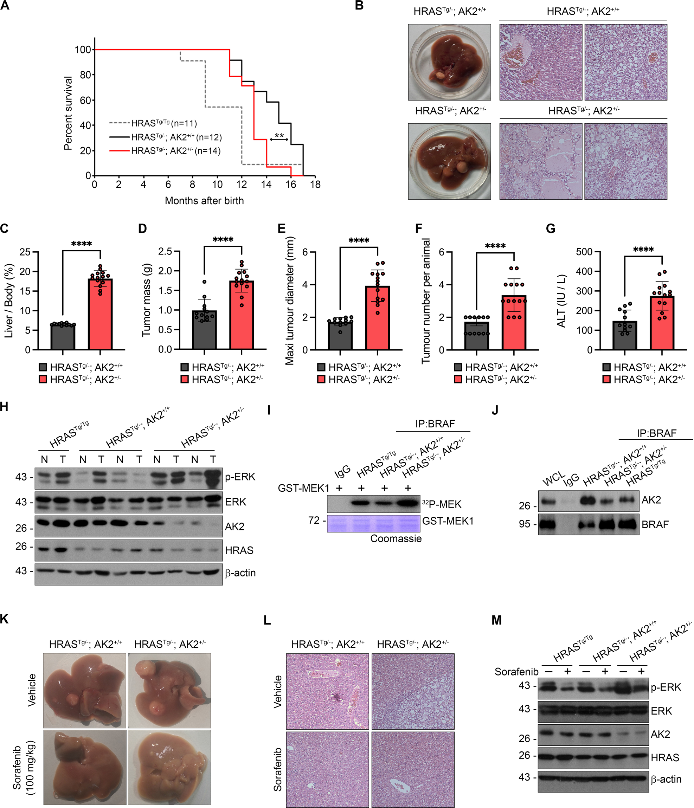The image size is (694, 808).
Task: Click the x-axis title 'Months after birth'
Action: [204, 200]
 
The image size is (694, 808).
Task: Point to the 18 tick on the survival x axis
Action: [315, 185]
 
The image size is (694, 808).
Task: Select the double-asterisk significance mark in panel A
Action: [279, 136]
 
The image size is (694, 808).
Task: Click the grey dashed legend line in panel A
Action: [119, 123]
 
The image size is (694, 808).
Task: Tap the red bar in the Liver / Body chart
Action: [101, 314]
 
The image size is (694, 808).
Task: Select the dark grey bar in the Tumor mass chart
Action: [204, 330]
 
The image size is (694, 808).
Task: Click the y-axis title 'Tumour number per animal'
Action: [426, 300]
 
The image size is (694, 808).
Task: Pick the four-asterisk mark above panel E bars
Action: [359, 241]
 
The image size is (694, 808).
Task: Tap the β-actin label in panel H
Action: [240, 573]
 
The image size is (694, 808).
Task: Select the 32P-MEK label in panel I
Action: [442, 504]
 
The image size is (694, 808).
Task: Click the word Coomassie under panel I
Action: [396, 538]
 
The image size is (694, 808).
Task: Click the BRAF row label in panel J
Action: [655, 524]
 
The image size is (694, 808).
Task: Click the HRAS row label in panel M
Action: [665, 757]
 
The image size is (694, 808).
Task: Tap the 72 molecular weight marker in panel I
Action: [314, 520]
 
